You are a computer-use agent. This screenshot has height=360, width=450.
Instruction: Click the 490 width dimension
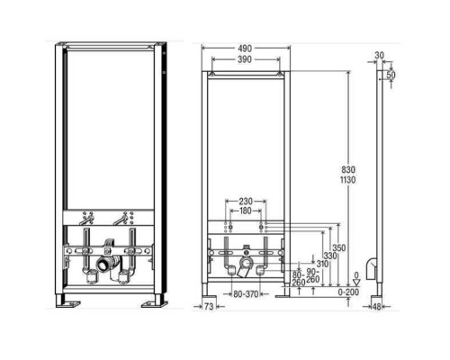click(245, 49)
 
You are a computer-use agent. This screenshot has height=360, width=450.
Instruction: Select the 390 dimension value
click(245, 59)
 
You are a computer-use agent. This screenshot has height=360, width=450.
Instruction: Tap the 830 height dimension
click(348, 170)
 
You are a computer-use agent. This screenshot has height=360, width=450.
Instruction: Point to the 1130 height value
click(348, 180)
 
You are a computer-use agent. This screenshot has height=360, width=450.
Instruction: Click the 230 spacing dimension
click(246, 201)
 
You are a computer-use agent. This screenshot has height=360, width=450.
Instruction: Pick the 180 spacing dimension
click(246, 211)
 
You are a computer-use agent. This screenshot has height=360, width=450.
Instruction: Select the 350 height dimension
click(338, 248)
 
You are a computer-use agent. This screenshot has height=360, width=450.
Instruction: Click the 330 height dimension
click(329, 256)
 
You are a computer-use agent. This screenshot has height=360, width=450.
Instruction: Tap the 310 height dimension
click(322, 264)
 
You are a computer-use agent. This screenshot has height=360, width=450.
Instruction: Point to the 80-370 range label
click(246, 294)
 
